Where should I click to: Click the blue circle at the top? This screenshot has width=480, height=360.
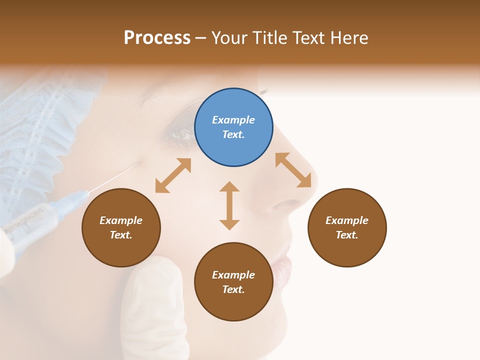click(233, 127)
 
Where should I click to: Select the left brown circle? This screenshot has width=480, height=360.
click(121, 227)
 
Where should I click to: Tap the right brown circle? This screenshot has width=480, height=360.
click(347, 227)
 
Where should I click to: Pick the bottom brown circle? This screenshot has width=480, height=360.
click(233, 282)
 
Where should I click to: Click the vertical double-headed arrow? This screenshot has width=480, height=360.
click(229, 205)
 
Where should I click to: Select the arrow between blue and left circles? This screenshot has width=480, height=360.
click(173, 175)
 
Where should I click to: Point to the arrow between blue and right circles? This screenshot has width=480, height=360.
click(293, 170)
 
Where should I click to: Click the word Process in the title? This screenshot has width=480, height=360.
click(157, 37)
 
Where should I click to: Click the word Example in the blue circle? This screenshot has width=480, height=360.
click(233, 120)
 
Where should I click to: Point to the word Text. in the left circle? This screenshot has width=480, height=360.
click(121, 235)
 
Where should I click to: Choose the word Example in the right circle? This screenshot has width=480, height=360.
click(347, 220)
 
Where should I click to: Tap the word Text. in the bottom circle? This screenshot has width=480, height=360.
click(233, 289)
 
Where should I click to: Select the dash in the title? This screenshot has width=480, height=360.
click(200, 38)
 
